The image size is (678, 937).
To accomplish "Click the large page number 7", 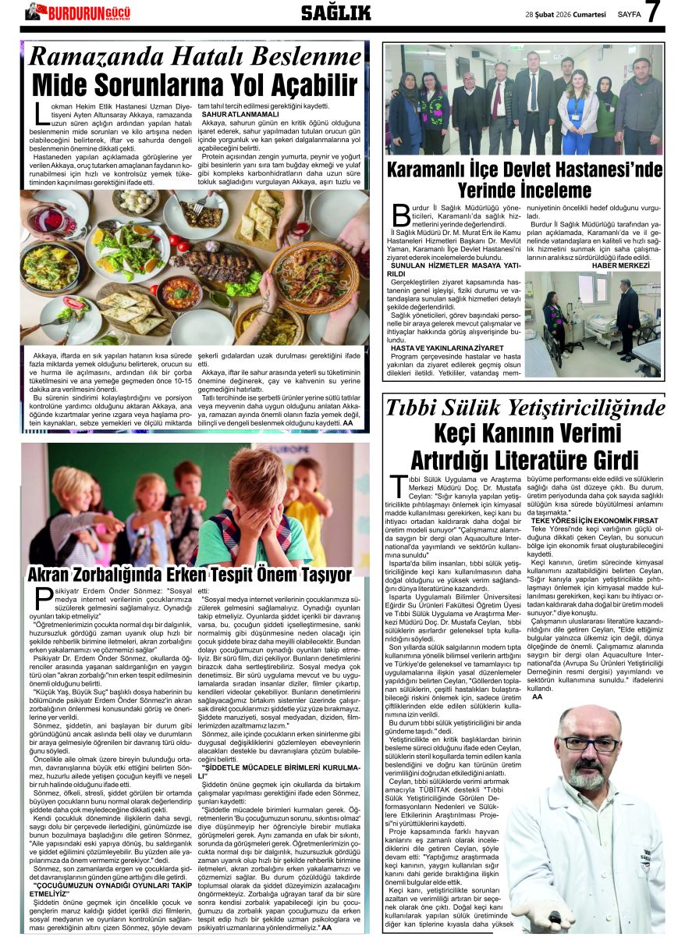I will [653, 12].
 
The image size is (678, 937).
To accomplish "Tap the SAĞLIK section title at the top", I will [335, 12].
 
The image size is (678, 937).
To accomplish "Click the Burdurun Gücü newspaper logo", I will [77, 12].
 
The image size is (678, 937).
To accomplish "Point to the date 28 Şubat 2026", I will [552, 14].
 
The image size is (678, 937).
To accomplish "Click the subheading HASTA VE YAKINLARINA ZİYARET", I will [438, 347].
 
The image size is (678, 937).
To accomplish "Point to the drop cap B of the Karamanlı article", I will [399, 214].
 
